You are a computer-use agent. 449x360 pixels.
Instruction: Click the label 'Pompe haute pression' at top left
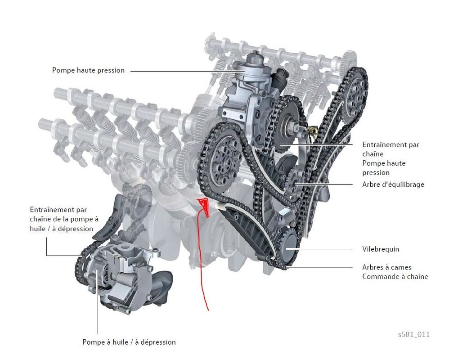(88, 70)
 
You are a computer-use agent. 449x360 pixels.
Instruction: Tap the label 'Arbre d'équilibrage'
(393, 184)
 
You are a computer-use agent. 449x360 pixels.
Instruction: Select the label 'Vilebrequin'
(381, 249)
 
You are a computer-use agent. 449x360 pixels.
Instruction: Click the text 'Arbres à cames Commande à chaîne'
(395, 272)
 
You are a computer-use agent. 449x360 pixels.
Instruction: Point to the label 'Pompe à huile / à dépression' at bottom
(129, 342)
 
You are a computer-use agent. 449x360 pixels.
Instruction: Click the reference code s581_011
(413, 334)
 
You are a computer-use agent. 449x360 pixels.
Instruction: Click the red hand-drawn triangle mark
(203, 205)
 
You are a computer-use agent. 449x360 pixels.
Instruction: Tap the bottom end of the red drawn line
(207, 310)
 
